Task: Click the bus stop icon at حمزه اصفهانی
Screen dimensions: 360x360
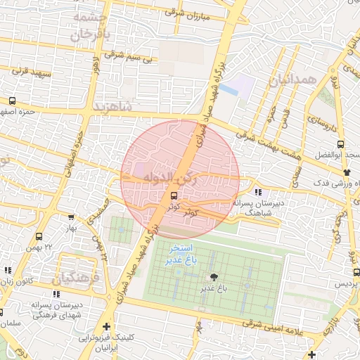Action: [13, 101]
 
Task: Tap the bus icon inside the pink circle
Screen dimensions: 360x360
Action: [174, 196]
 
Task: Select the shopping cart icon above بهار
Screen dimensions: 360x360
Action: [71, 217]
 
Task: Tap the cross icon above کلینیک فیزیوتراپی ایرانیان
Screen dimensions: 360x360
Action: [105, 326]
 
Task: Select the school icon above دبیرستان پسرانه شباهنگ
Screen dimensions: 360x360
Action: [258, 191]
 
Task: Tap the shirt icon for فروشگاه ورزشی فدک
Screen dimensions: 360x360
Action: [346, 172]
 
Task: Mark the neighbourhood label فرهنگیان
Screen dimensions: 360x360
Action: [82, 278]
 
